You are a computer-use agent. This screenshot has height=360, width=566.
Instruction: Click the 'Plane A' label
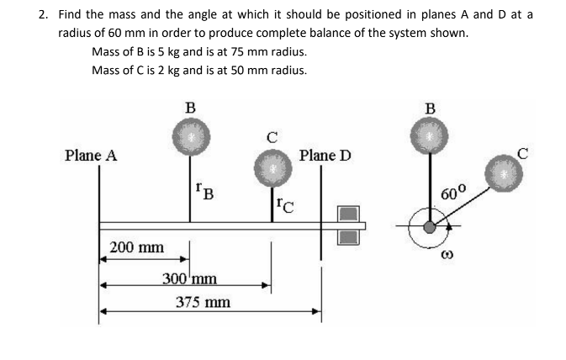[90, 156]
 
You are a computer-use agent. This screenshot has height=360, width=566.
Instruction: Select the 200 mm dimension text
[137, 247]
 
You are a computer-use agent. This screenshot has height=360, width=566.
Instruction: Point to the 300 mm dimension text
[190, 278]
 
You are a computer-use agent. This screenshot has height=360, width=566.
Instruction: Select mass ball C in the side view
[271, 167]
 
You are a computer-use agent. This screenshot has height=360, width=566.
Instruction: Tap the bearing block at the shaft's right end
[348, 225]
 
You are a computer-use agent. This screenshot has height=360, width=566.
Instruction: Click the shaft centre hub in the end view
[430, 226]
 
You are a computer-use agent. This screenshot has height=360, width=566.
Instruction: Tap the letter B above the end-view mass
[431, 107]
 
